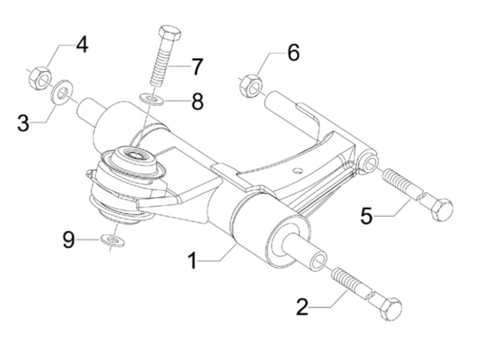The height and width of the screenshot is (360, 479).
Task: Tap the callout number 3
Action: point(23,123)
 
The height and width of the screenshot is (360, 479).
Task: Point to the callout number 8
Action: point(197,101)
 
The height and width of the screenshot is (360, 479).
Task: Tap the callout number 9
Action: point(69,239)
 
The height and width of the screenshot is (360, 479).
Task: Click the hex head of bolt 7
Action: point(169,33)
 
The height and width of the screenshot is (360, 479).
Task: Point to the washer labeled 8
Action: point(151,100)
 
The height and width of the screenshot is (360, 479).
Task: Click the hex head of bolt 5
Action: point(441,210)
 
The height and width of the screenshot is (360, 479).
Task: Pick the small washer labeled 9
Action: point(113,241)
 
